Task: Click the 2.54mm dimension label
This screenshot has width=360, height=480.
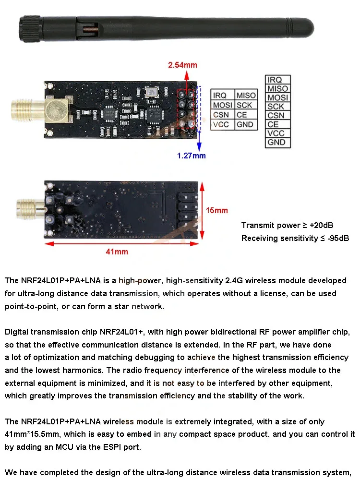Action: (182, 65)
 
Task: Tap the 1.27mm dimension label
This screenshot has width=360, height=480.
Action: (191, 156)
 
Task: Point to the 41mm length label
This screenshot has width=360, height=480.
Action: (117, 252)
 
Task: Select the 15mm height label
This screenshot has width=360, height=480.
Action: (217, 210)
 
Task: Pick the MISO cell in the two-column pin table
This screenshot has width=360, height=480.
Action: (246, 96)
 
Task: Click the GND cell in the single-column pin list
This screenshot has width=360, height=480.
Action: (277, 143)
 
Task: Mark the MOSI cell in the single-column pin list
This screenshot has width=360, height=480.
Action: (277, 98)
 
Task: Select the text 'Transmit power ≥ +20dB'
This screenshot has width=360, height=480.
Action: (288, 225)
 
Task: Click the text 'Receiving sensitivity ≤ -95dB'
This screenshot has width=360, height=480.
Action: (295, 239)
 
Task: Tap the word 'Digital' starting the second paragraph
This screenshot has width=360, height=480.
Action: (18, 332)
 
